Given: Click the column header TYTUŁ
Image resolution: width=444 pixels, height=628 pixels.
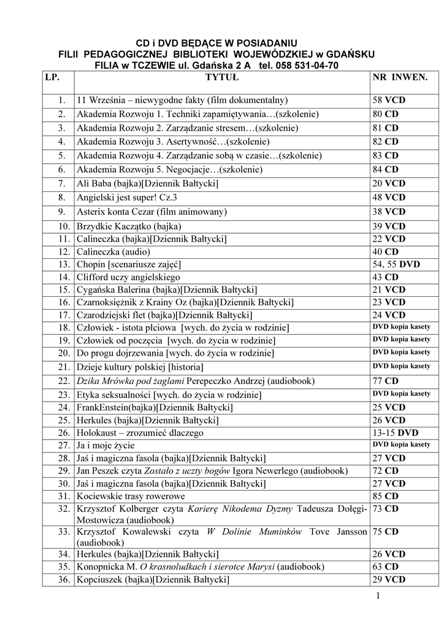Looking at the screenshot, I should click(221, 78).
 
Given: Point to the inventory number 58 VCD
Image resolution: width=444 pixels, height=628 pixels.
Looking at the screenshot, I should click(389, 100).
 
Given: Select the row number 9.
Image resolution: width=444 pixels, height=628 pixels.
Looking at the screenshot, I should click(62, 212).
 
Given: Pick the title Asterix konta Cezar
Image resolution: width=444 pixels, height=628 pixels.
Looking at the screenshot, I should click(151, 212).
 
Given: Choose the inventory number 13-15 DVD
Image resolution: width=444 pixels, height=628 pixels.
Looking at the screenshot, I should click(396, 432).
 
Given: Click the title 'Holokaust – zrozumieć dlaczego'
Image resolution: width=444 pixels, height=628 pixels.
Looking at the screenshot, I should click(140, 432).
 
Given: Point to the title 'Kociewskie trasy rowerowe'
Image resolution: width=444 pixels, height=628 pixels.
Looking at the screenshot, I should click(131, 496).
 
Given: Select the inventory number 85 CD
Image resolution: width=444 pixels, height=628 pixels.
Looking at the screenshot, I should click(385, 496).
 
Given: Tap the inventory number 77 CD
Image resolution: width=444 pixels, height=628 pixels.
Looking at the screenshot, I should click(385, 381).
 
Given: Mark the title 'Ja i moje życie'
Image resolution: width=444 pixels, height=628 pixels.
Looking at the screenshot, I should click(105, 445).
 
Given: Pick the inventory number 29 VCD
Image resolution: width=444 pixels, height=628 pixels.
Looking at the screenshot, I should click(389, 580).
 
